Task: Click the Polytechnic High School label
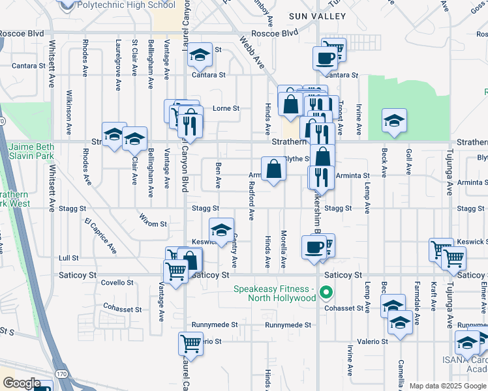125,5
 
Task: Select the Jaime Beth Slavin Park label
31,152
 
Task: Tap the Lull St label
68,258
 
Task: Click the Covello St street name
117,283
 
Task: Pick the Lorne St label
226,108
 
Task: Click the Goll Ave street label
409,159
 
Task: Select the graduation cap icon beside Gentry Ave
221,230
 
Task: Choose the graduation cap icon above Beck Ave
394,121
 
